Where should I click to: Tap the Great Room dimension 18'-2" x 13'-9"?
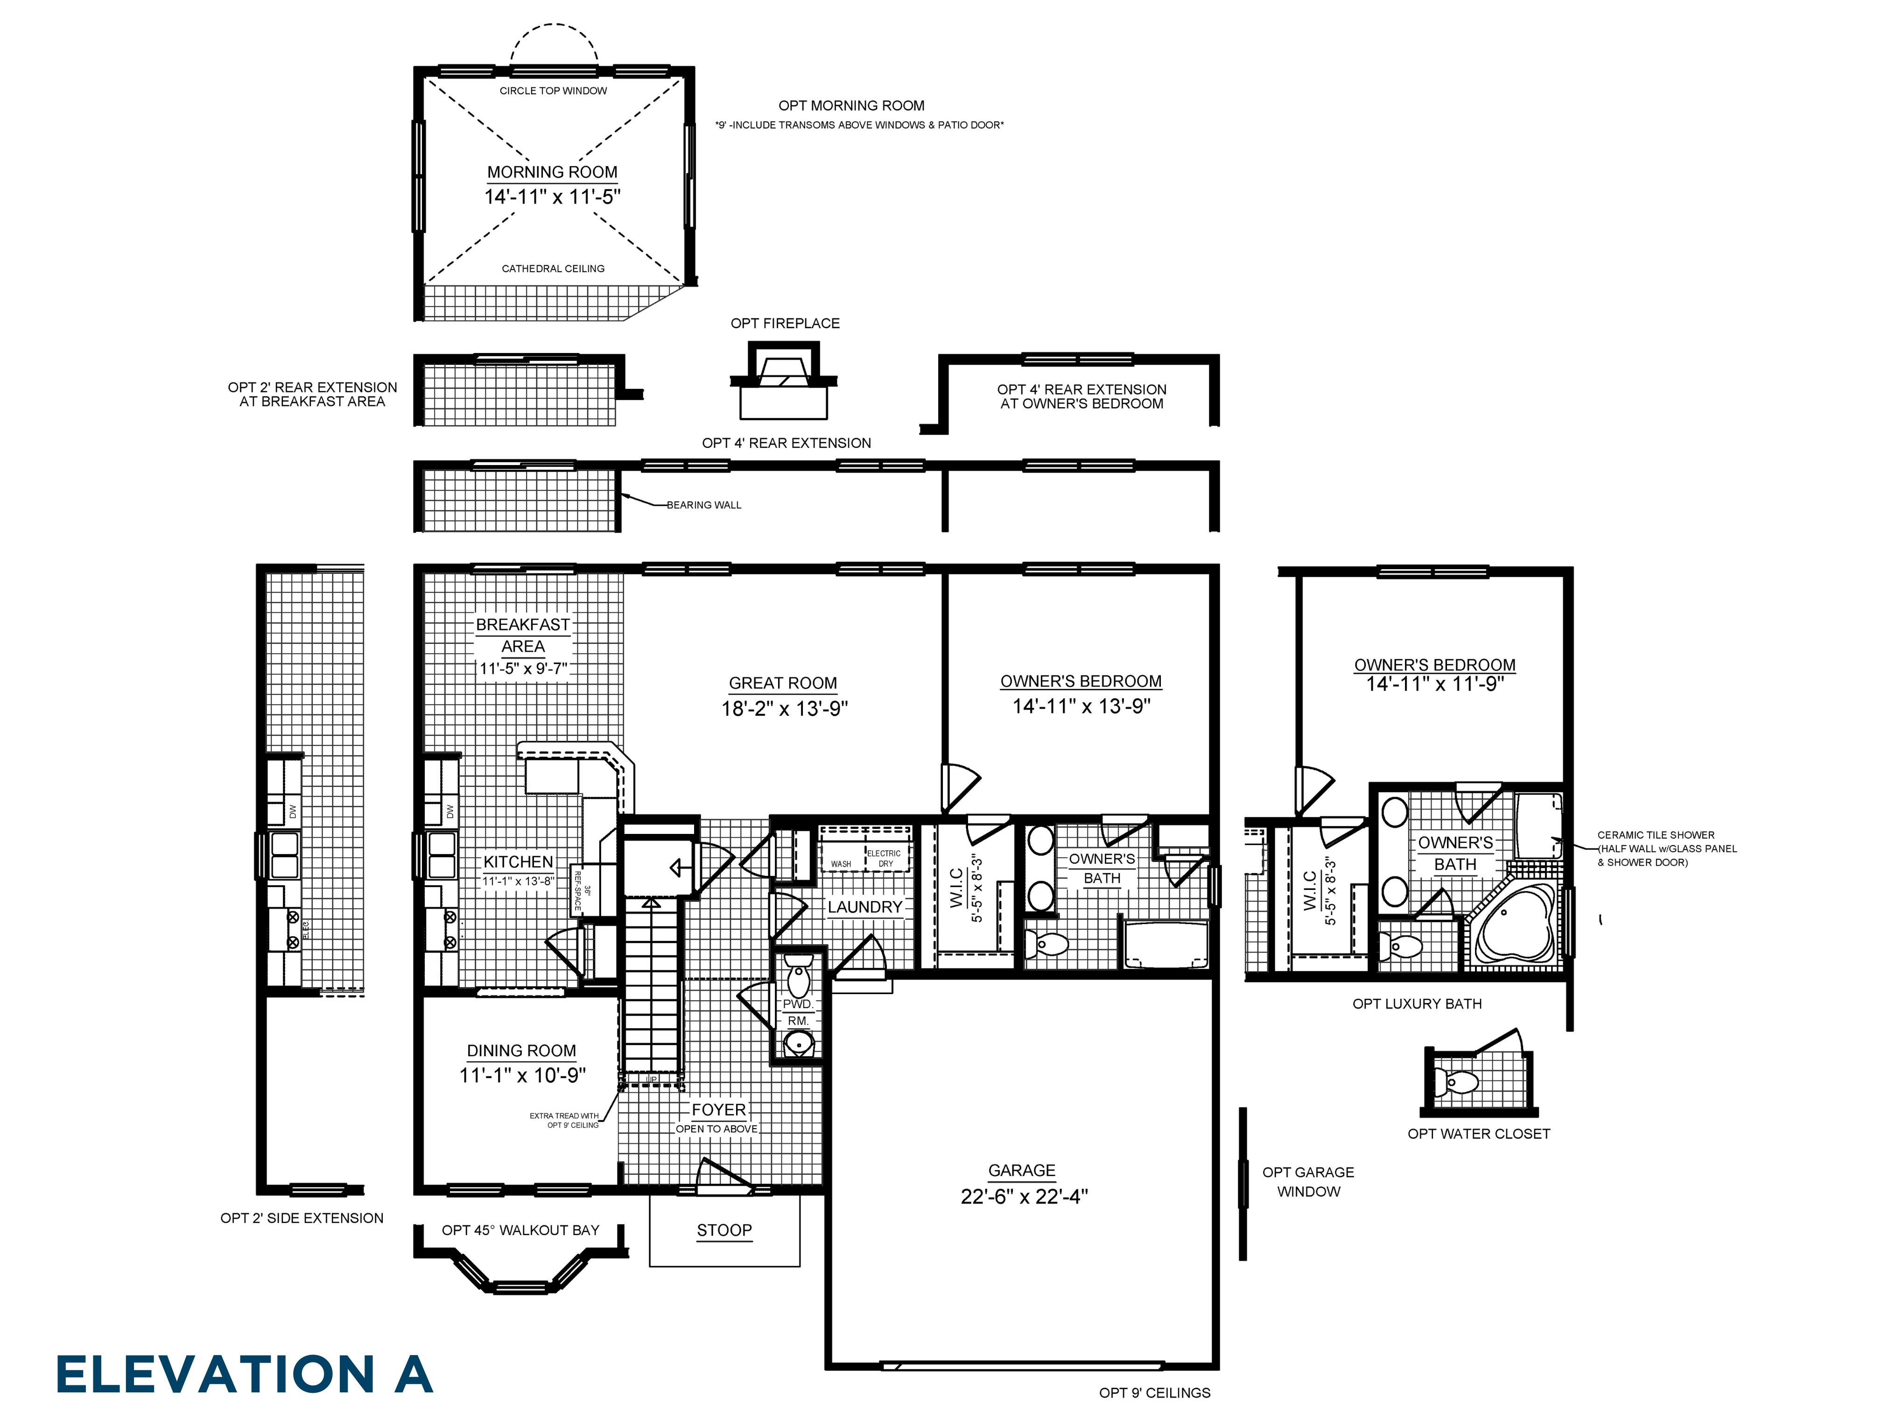[x=784, y=708]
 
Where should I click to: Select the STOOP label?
[x=724, y=1230]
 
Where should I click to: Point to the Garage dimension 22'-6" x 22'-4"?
[x=1024, y=1196]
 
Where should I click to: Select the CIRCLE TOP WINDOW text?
[x=553, y=90]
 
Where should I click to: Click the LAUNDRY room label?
[x=864, y=906]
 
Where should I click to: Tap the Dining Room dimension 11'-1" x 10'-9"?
[x=522, y=1075]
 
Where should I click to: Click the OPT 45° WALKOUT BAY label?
[x=520, y=1230]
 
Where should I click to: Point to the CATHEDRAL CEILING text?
[x=553, y=268]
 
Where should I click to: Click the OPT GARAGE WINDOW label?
[x=1308, y=1181]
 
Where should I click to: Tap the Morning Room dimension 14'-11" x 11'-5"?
[x=552, y=197]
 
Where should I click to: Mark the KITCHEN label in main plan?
[x=518, y=861]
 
